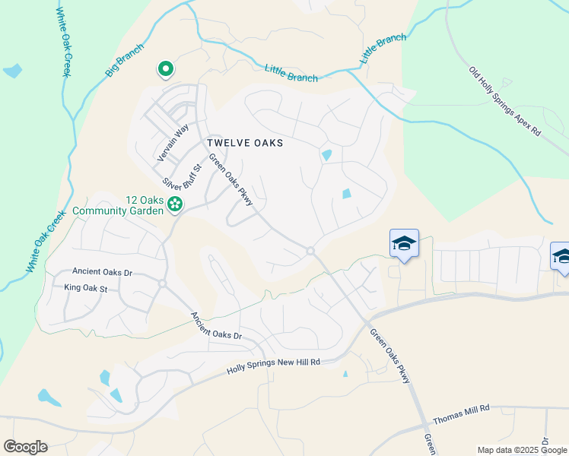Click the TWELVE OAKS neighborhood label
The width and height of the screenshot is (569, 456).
click(x=244, y=143)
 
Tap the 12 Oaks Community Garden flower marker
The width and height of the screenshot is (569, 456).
click(x=175, y=203)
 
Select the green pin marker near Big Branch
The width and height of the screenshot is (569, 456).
click(x=165, y=70)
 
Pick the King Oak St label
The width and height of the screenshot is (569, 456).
click(x=87, y=288)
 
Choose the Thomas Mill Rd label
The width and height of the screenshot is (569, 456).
click(x=461, y=414)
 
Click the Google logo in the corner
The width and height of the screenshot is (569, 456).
click(x=25, y=447)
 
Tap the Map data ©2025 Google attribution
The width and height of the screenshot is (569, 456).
click(x=522, y=450)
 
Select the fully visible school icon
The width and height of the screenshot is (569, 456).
click(x=404, y=245)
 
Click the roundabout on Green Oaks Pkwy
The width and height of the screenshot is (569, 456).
click(x=310, y=251)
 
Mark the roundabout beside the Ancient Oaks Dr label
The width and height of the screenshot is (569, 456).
click(x=162, y=283)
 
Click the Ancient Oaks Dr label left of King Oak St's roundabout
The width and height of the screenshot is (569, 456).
click(x=102, y=271)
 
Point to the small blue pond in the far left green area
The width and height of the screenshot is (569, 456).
click(x=12, y=72)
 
